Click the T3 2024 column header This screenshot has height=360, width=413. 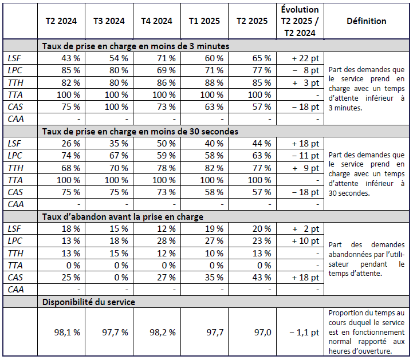(109, 21)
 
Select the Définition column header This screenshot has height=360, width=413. (366, 21)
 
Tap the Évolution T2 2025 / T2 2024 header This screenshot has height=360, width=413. (300, 21)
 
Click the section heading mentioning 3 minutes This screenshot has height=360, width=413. (136, 46)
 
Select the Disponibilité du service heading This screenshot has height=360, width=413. (89, 302)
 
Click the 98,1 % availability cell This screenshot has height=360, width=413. (67, 331)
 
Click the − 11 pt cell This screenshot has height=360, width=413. (306, 156)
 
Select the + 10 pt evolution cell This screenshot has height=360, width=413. (306, 240)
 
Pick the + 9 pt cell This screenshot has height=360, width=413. (306, 168)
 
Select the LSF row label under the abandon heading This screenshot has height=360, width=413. (14, 228)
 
